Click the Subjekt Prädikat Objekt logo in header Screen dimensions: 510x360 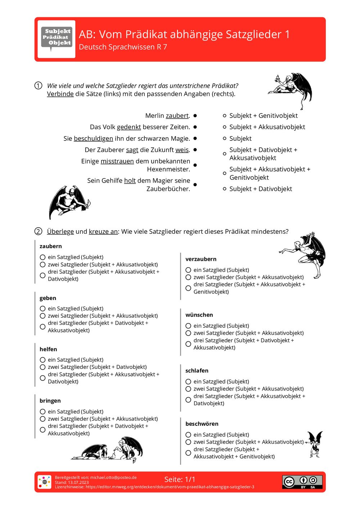(x=57, y=39)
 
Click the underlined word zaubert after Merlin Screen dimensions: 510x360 (x=177, y=116)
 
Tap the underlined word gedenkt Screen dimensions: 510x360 (x=129, y=127)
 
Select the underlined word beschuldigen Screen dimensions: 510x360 (x=93, y=139)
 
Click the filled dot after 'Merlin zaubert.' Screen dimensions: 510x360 (x=195, y=116)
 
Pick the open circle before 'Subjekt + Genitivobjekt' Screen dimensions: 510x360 (x=225, y=116)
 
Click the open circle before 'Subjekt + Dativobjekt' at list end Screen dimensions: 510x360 (x=225, y=189)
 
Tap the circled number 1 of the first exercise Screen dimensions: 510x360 (x=38, y=86)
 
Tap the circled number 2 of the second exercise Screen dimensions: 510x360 (x=38, y=232)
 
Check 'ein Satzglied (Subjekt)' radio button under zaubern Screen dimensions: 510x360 (x=42, y=257)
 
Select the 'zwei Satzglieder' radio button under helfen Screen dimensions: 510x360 (x=42, y=367)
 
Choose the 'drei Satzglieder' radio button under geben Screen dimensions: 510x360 (x=42, y=327)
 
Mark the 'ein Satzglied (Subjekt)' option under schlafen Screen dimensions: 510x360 (x=188, y=381)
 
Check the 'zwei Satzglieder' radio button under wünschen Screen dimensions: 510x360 (x=188, y=333)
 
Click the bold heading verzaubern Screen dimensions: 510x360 (x=201, y=259)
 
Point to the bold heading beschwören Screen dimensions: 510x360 (x=202, y=424)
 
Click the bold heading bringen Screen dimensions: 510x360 (x=50, y=401)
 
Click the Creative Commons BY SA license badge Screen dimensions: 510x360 (x=302, y=482)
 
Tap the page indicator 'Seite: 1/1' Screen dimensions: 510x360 (x=180, y=479)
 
